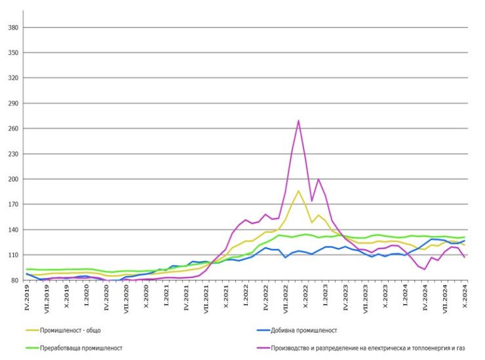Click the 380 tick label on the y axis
pos(12,28)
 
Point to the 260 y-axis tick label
pos(12,129)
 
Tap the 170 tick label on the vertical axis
pos(12,205)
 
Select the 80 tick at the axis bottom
pos(14,281)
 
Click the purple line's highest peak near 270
pos(298,121)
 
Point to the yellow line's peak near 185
pos(298,191)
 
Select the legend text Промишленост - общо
pos(70,330)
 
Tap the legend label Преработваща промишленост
pos(81,348)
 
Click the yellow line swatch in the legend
pos(30,330)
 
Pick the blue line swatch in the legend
pos(261,330)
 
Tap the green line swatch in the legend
pos(30,348)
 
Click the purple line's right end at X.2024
pos(465,257)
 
